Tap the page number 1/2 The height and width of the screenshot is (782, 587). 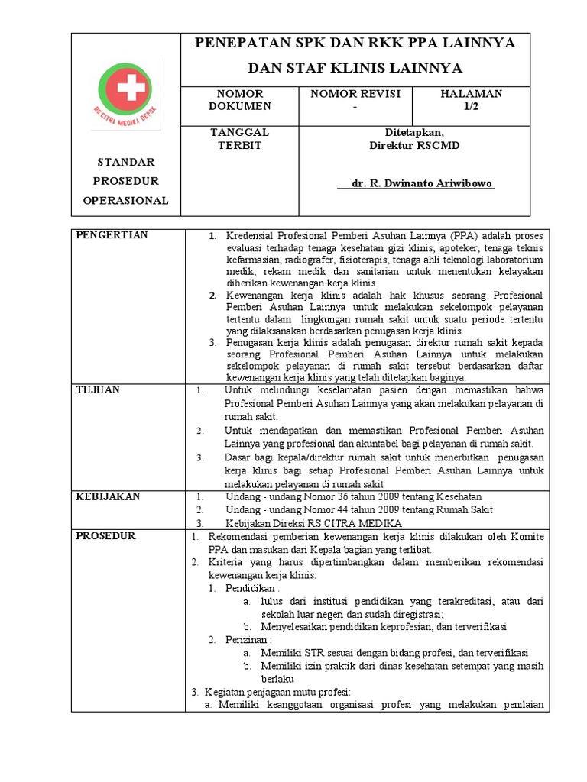(x=470, y=106)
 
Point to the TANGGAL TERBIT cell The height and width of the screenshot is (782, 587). (x=240, y=138)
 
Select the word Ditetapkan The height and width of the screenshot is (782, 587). (x=415, y=132)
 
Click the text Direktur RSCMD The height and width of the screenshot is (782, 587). (x=415, y=144)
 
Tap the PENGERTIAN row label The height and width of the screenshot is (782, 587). (x=112, y=234)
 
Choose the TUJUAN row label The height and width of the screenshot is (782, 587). (x=98, y=390)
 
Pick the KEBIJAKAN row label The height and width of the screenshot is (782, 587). (x=108, y=496)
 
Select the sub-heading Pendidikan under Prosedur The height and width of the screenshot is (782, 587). (x=252, y=589)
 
